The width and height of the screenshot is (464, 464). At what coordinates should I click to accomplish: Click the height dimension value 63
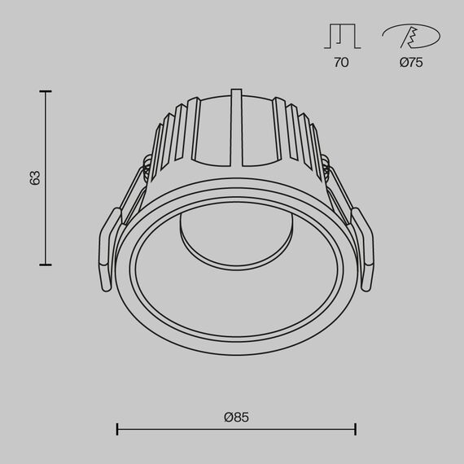click(34, 177)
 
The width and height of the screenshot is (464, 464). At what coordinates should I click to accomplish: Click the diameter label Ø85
click(235, 417)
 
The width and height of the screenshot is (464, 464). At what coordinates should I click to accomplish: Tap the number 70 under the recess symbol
click(341, 63)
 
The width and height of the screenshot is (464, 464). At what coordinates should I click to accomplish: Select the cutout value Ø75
click(411, 63)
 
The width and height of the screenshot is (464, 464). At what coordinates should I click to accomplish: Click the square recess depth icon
click(341, 37)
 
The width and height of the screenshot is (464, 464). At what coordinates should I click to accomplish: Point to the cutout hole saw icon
click(411, 37)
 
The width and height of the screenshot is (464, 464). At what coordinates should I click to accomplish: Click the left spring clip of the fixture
click(108, 247)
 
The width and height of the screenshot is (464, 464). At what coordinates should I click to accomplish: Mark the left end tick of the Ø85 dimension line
click(118, 429)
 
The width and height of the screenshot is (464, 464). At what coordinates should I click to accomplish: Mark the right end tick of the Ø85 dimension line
click(354, 429)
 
